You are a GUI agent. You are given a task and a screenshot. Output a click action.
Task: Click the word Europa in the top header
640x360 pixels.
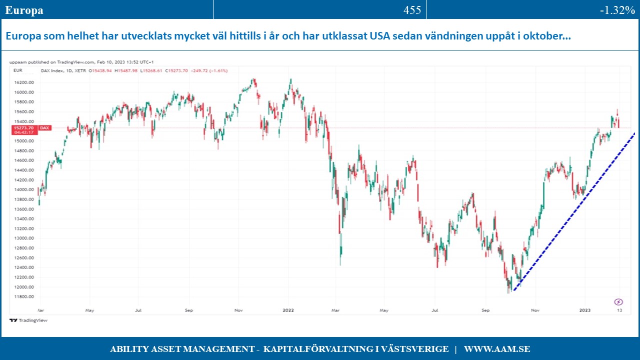(24, 10)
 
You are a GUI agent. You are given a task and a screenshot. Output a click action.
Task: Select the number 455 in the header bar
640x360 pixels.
(412, 10)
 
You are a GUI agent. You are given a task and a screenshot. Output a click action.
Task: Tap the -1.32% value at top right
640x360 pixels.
(617, 10)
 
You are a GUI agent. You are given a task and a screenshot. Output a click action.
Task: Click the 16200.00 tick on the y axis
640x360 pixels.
(24, 82)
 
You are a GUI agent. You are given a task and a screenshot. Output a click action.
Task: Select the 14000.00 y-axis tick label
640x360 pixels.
(24, 190)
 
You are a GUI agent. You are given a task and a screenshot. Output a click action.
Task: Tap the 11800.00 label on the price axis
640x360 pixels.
(24, 296)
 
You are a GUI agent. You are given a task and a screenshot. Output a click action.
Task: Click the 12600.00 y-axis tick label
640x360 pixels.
(24, 258)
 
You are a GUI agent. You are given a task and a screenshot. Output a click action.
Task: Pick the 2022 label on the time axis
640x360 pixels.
(288, 310)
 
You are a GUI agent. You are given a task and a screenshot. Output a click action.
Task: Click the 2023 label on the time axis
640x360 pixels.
(585, 310)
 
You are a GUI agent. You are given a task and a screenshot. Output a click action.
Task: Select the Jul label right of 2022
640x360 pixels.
(435, 310)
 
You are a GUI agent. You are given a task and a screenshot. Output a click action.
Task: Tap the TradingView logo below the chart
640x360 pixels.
(28, 320)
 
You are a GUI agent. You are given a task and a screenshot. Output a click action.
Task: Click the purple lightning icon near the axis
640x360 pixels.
(618, 301)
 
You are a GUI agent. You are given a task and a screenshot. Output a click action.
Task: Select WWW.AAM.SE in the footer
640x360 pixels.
(497, 349)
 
